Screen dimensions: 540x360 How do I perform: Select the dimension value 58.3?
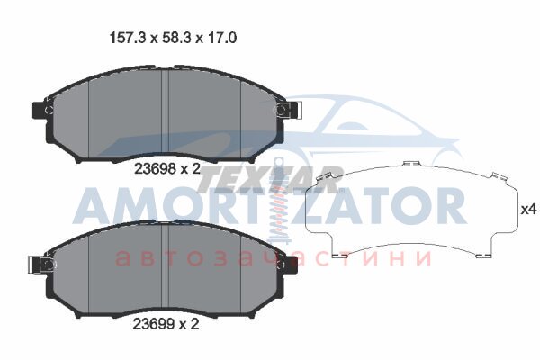coord(177,38)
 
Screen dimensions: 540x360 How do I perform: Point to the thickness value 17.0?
coord(222,38)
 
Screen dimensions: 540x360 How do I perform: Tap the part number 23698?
coord(155,169)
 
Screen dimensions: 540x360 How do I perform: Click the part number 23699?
coord(154,324)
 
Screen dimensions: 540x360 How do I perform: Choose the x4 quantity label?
coord(528,209)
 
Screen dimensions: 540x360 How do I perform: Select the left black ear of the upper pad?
coord(38,110)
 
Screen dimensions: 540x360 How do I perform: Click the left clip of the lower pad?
coord(40,265)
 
